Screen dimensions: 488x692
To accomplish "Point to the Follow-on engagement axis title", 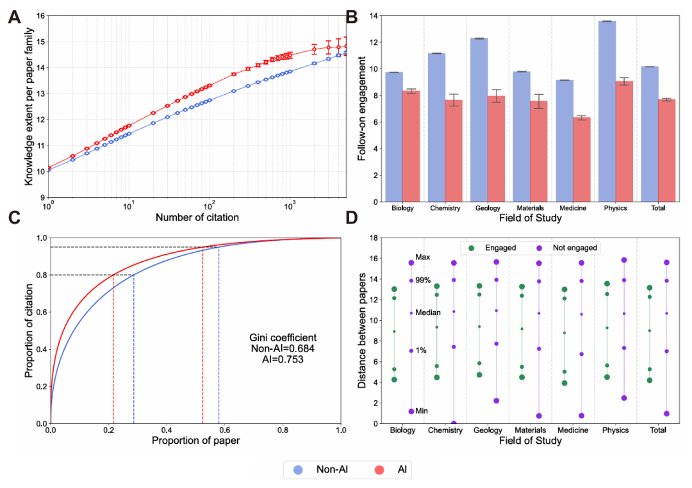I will pos(363,108).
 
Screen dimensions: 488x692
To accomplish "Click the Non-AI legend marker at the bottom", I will pos(298,469).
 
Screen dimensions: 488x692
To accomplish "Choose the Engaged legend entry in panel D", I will pos(493,247).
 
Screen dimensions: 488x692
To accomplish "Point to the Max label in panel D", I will pos(423,257).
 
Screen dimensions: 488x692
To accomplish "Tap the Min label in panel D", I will pos(422,411).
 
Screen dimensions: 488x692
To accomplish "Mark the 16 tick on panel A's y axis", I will pos(38,15).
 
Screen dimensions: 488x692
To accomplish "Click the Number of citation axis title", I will pos(197,218).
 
